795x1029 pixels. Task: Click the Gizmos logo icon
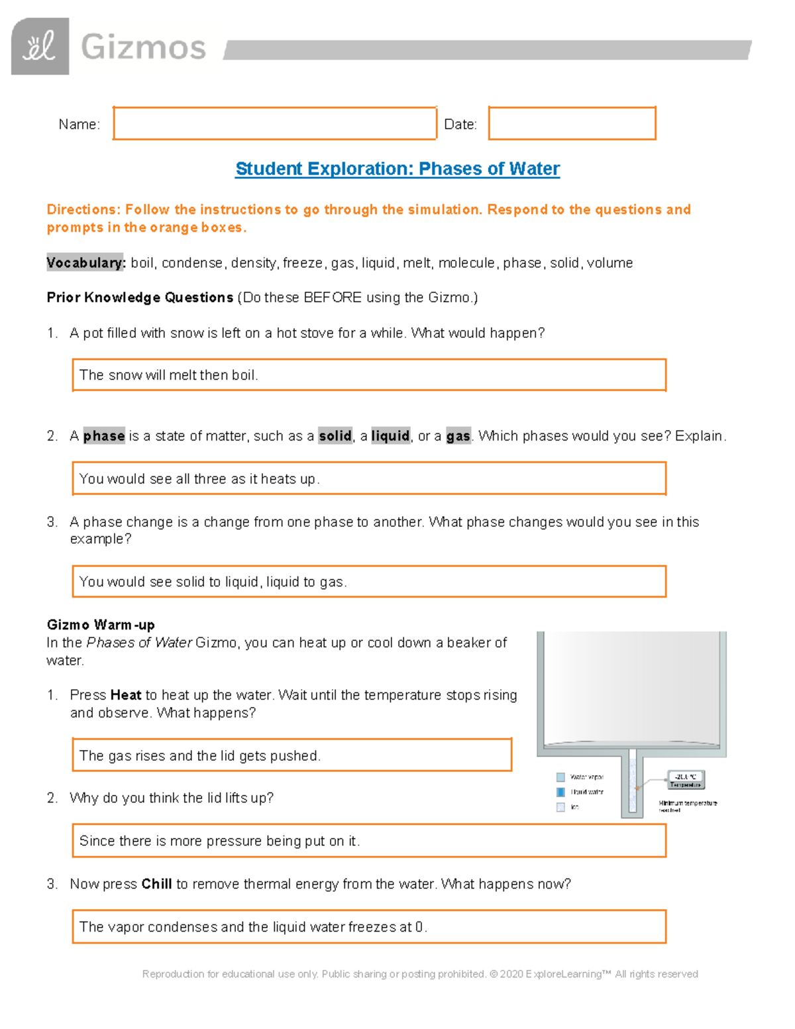tap(40, 46)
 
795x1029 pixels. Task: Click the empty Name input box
tap(274, 123)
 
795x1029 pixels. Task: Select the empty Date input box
tap(572, 123)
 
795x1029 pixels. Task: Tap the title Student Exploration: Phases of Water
tap(397, 169)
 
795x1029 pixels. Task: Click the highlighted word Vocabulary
tap(85, 263)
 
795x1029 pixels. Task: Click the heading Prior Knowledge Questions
tap(140, 298)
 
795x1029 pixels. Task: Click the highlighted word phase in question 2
tap(104, 436)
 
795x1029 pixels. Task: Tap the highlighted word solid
tap(335, 436)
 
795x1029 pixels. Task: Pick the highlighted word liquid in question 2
tap(390, 436)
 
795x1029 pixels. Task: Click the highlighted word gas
tap(458, 436)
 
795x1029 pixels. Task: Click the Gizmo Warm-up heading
tap(101, 625)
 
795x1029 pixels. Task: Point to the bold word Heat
tap(125, 695)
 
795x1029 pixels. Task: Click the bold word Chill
tap(156, 884)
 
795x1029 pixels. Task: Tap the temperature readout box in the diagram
tap(685, 780)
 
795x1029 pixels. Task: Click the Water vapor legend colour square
tap(560, 777)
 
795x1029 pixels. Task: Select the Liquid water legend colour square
tap(560, 792)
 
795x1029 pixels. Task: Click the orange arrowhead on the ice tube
tap(637, 788)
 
